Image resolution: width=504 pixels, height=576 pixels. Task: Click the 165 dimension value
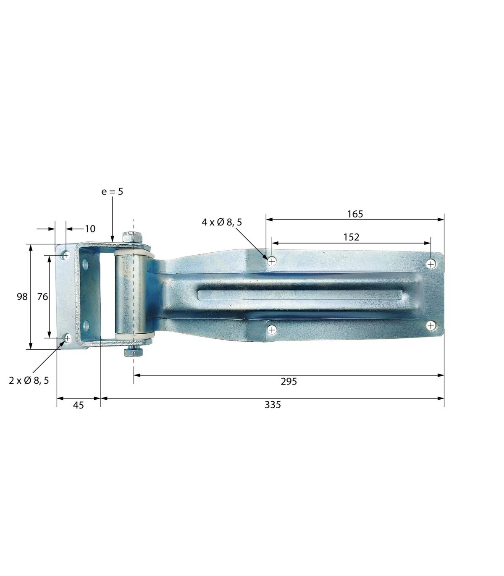[355, 214]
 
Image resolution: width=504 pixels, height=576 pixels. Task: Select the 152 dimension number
[352, 237]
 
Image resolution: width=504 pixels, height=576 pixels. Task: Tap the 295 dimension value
[289, 382]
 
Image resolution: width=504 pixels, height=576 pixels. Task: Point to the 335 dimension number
[273, 405]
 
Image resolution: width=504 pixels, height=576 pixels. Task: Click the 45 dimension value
[78, 405]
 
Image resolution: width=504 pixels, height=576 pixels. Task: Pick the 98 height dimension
[22, 297]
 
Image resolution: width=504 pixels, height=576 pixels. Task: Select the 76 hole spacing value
[42, 297]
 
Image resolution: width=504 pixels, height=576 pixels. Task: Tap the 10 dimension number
[90, 229]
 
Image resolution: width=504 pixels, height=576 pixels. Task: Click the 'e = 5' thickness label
[112, 192]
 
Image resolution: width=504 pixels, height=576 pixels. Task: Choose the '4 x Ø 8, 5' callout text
[222, 223]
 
